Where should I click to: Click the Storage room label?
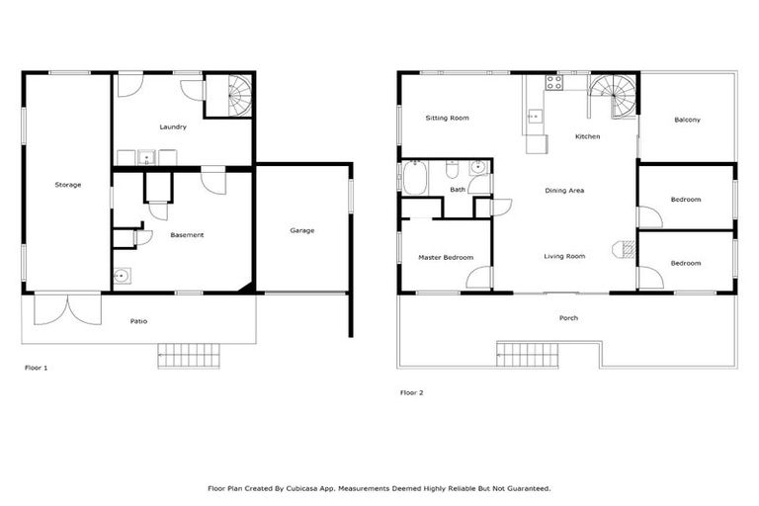click(x=67, y=185)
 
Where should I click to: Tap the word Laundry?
click(x=173, y=126)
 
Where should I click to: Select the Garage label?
click(x=301, y=230)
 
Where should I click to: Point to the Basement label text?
click(x=187, y=234)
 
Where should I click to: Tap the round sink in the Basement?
click(x=122, y=276)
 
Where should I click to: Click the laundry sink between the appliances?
click(x=145, y=156)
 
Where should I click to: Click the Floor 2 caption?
click(x=411, y=392)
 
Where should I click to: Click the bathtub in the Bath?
click(x=416, y=178)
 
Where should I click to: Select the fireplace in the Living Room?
click(x=623, y=248)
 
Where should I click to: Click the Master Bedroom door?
click(x=478, y=278)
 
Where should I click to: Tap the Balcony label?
click(x=687, y=120)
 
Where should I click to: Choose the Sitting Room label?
click(x=447, y=118)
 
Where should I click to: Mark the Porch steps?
click(x=527, y=355)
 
